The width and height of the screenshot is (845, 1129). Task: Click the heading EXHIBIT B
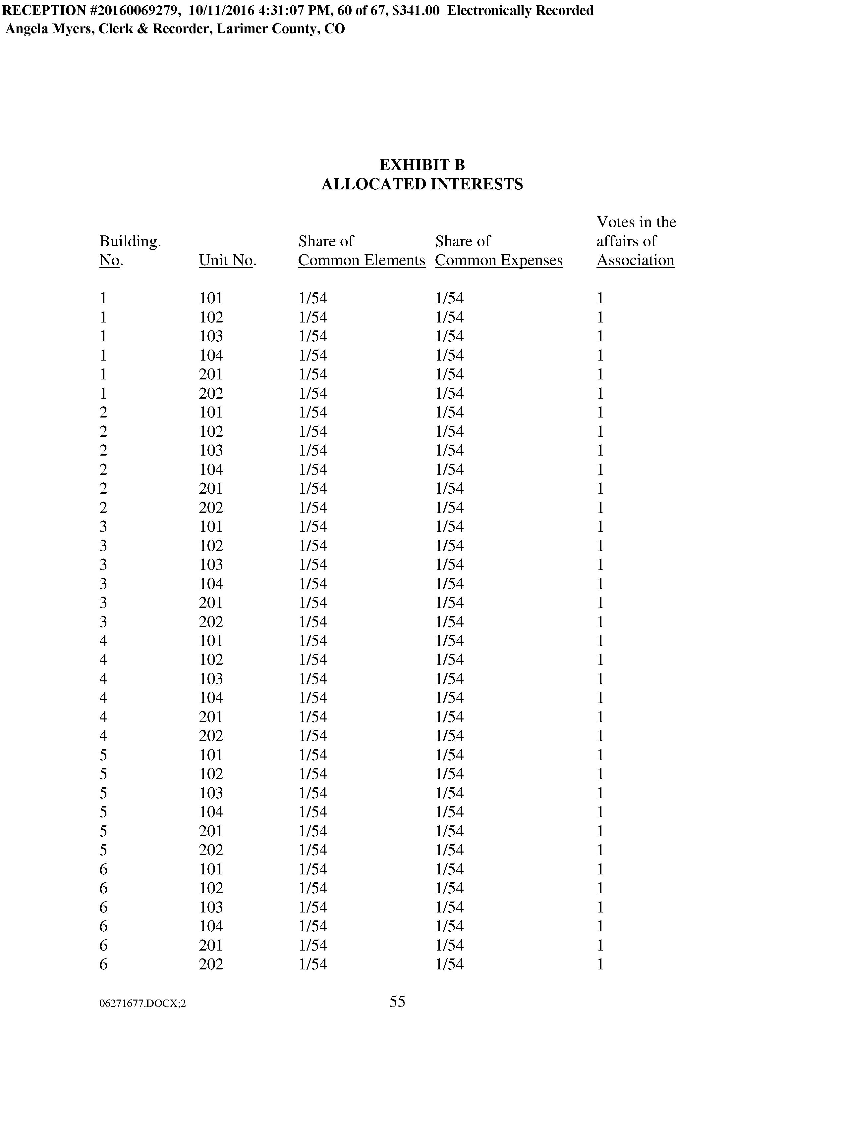(422, 165)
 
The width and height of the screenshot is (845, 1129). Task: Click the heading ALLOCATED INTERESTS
(422, 184)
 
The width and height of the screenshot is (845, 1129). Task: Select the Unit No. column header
(227, 260)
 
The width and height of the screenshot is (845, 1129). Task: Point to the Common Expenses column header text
(499, 260)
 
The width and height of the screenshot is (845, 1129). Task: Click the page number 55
(397, 1002)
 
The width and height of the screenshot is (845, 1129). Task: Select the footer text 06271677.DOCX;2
(142, 1004)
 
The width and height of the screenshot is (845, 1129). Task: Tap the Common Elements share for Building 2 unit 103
(313, 450)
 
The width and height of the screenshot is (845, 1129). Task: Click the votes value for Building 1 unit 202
(600, 394)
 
